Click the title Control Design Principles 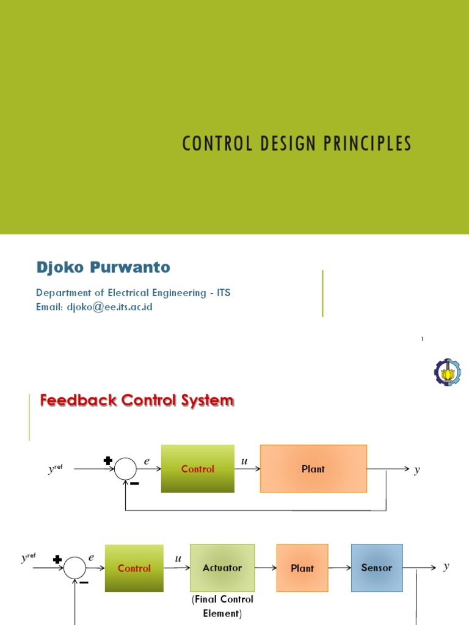pyautogui.click(x=297, y=144)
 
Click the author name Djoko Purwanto pyautogui.click(x=103, y=267)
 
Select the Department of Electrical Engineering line pyautogui.click(x=133, y=293)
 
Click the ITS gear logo pyautogui.click(x=448, y=371)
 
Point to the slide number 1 pyautogui.click(x=422, y=339)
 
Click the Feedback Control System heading pyautogui.click(x=137, y=401)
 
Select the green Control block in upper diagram pyautogui.click(x=198, y=469)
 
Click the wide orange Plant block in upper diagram pyautogui.click(x=313, y=469)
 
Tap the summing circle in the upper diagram pyautogui.click(x=126, y=469)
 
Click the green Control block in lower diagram pyautogui.click(x=134, y=568)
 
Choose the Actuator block pyautogui.click(x=222, y=568)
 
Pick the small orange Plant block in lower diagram pyautogui.click(x=302, y=568)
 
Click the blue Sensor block pyautogui.click(x=377, y=568)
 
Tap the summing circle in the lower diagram pyautogui.click(x=75, y=568)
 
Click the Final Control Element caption pyautogui.click(x=222, y=606)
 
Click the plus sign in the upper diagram pyautogui.click(x=108, y=461)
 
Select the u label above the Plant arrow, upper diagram pyautogui.click(x=244, y=461)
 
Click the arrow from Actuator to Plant pyautogui.click(x=266, y=568)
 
